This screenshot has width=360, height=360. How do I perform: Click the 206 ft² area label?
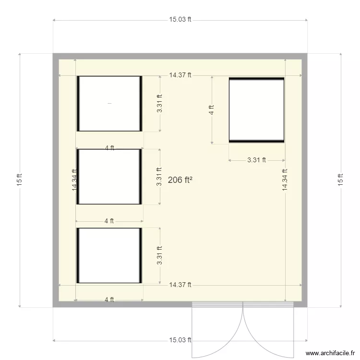180,180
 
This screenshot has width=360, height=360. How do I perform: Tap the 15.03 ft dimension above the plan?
180,20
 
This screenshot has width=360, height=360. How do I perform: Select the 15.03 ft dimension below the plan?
180,340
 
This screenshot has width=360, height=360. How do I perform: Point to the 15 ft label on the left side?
19,180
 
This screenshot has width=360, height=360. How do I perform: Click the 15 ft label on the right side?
341,180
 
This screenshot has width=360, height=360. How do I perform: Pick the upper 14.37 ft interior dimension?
180,75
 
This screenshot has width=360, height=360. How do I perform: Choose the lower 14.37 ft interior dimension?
180,285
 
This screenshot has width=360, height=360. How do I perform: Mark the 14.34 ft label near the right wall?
285,180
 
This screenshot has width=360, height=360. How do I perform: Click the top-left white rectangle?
109,103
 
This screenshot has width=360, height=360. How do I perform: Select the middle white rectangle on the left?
109,177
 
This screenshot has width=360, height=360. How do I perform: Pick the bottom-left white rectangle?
109,255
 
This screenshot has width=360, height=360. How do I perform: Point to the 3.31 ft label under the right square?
256,160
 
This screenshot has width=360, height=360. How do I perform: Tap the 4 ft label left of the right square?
212,110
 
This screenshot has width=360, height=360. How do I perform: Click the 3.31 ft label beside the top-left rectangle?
160,103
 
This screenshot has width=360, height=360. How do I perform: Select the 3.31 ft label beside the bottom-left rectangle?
160,255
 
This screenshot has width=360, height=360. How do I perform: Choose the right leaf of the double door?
268,331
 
